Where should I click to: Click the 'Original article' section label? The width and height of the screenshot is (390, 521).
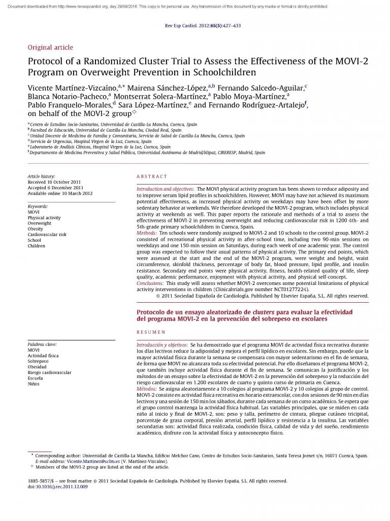point(50,47)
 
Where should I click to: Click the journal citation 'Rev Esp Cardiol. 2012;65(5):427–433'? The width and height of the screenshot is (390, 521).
point(203,25)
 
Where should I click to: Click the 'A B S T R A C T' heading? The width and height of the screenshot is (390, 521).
point(152,177)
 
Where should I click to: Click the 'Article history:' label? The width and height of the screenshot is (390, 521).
point(42,176)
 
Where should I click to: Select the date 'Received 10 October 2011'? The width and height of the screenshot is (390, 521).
point(54,182)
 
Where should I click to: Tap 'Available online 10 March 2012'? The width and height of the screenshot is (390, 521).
point(60,193)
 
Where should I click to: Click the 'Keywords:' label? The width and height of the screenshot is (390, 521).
point(38,207)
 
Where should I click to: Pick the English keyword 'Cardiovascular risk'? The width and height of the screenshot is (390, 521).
point(47,235)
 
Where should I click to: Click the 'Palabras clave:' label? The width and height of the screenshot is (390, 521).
point(42,344)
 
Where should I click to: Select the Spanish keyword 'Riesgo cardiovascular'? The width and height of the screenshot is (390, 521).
point(49,372)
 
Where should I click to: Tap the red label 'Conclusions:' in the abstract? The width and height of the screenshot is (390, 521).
point(150,283)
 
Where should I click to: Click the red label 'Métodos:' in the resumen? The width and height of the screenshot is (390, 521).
point(147,389)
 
